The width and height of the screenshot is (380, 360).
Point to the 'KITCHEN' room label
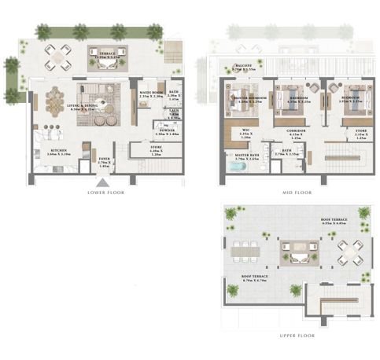click(59, 151)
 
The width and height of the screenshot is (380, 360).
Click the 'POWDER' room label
click(167, 132)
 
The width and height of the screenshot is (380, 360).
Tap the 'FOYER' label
click(105, 161)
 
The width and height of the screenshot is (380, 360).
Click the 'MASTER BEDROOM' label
click(249, 98)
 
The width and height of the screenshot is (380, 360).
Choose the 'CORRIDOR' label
click(295, 131)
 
